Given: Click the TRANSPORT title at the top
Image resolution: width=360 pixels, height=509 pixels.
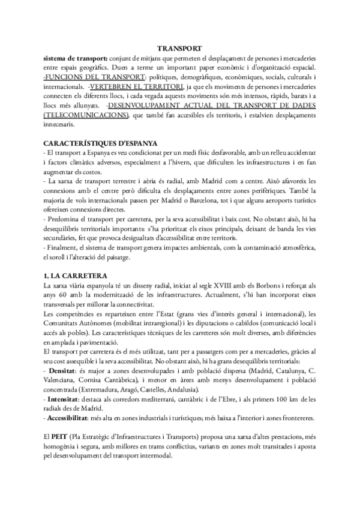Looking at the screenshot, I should (180, 48).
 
